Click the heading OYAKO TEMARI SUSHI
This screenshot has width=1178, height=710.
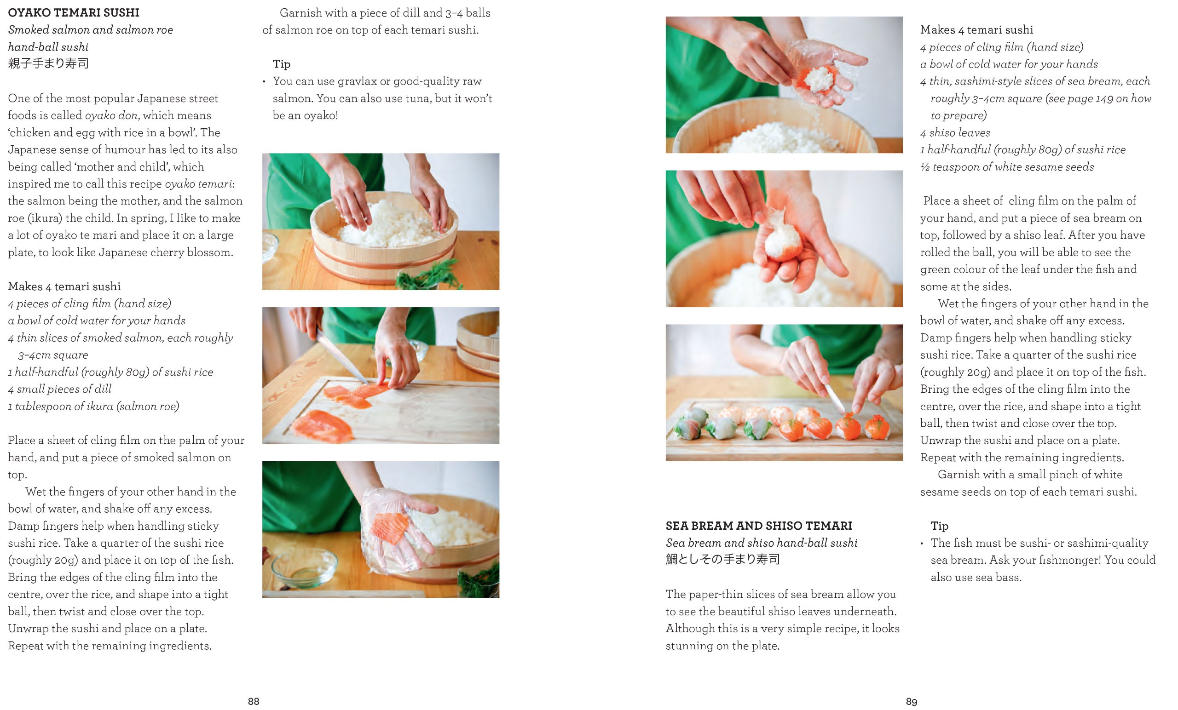(x=74, y=12)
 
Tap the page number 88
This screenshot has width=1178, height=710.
(x=254, y=701)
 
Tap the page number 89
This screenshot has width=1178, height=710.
(x=911, y=701)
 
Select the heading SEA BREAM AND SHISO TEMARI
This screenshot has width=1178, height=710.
(x=759, y=526)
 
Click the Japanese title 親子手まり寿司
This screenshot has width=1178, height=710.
(x=48, y=63)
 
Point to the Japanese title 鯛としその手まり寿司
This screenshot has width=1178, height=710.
(x=722, y=559)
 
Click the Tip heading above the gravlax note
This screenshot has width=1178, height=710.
(x=282, y=64)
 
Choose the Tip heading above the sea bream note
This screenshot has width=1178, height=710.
(x=940, y=526)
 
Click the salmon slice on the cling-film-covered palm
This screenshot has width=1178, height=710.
(x=391, y=529)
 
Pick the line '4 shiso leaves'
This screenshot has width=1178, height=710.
(x=955, y=133)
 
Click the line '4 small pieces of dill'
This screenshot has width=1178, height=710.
(x=59, y=389)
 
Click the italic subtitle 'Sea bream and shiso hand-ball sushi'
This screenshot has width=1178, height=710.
(x=762, y=543)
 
